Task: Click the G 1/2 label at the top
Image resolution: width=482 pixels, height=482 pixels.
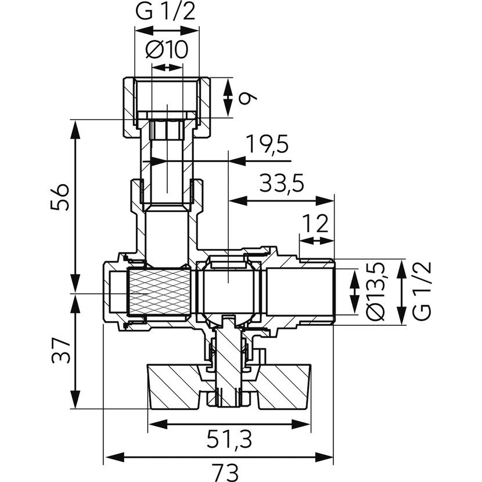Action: click(165, 12)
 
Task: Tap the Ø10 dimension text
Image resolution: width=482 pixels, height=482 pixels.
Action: click(167, 50)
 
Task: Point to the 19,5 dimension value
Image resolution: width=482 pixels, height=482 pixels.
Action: click(268, 144)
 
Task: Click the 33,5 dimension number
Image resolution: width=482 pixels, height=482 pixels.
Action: click(282, 183)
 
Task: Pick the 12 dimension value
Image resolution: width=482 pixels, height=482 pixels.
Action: click(315, 224)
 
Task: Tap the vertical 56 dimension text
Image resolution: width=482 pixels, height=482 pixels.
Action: click(60, 197)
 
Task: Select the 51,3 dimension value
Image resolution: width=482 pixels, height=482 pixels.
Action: click(229, 439)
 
